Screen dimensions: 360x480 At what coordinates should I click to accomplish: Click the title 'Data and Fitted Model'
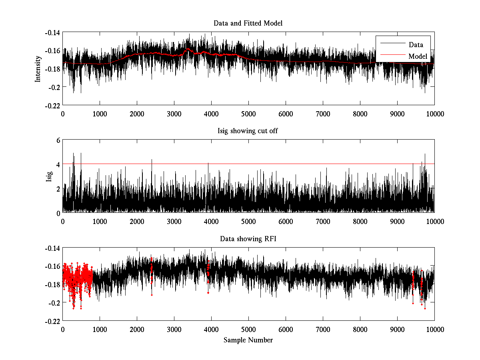point(248,23)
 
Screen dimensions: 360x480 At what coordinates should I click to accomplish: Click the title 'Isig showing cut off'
point(248,131)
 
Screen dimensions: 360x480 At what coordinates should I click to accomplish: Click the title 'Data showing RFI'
point(248,239)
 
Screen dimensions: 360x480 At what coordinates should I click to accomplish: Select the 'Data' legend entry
point(416,45)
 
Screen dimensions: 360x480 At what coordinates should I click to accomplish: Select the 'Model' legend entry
point(418,56)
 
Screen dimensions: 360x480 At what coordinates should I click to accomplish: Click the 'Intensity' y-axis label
point(38,68)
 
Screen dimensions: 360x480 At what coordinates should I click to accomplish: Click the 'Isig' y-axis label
point(49,176)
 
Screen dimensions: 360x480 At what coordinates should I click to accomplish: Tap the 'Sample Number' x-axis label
point(248,340)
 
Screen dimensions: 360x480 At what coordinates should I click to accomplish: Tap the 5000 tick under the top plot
point(248,114)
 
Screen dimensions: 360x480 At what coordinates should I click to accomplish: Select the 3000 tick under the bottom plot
point(174,329)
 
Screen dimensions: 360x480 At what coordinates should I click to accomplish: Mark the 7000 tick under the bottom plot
point(323,329)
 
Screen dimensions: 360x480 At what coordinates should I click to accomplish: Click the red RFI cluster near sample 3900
point(208,272)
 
